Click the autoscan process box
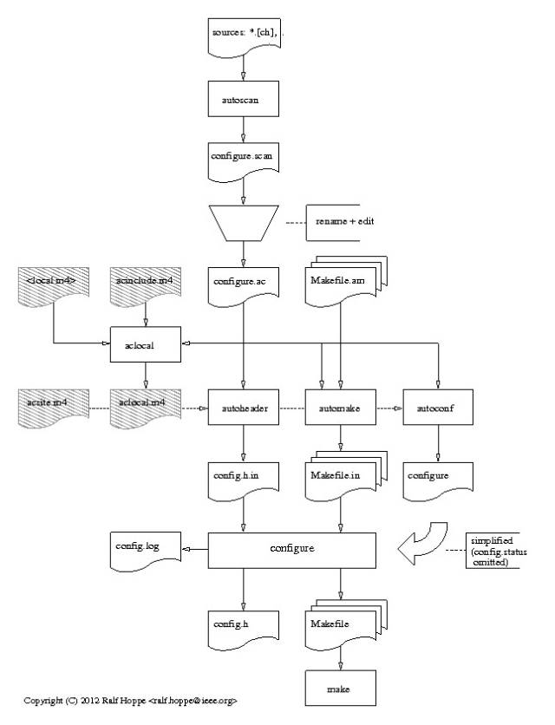tap(244, 100)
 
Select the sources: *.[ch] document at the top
tap(244, 34)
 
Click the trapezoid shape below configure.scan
tap(244, 222)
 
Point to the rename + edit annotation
tap(344, 221)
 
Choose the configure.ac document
tap(244, 283)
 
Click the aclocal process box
tap(145, 344)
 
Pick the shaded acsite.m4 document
tap(53, 406)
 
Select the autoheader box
tap(244, 406)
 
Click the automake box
tap(341, 406)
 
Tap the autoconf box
tap(439, 406)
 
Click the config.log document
tap(145, 548)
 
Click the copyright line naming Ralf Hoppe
tap(130, 700)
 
